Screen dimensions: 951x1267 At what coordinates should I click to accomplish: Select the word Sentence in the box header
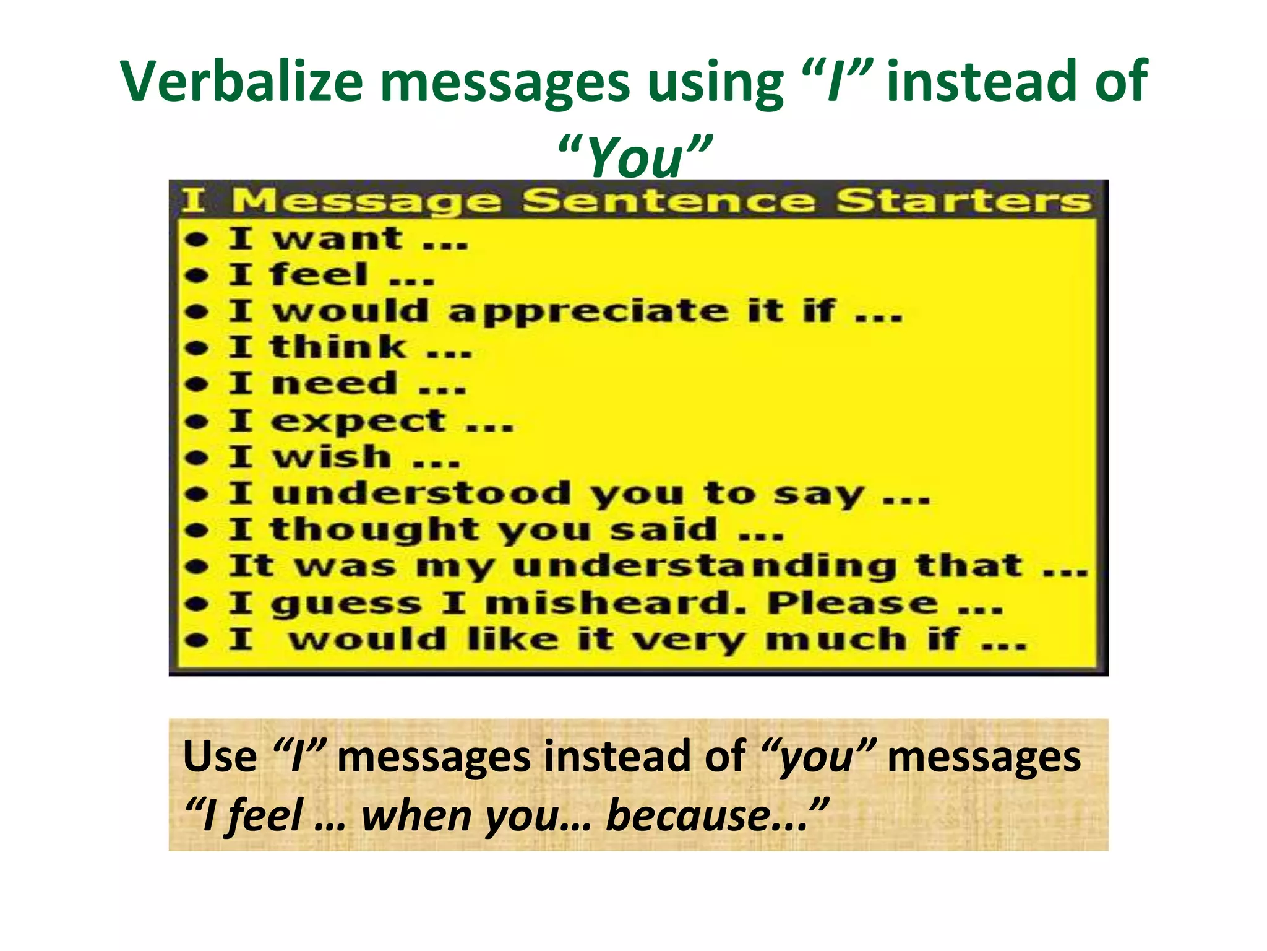(x=668, y=201)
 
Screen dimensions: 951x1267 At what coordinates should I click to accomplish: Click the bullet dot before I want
(x=197, y=240)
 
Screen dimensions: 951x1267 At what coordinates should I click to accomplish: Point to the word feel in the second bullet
(x=319, y=275)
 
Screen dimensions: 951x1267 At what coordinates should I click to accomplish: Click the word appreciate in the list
(x=588, y=311)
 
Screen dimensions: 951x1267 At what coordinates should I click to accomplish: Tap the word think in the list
(x=338, y=347)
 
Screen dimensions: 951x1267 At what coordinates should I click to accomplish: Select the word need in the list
(x=334, y=384)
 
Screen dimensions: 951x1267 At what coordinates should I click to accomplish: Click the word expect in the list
(x=358, y=422)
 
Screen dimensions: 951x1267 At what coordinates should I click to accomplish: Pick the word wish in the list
(x=332, y=458)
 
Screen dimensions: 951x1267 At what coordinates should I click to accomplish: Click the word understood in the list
(x=421, y=494)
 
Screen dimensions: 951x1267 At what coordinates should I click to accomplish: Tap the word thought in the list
(x=374, y=531)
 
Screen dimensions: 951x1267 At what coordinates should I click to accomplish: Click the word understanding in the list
(x=705, y=567)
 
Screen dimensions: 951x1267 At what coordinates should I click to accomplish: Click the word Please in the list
(x=853, y=604)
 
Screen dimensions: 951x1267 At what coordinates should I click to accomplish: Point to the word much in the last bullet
(x=836, y=640)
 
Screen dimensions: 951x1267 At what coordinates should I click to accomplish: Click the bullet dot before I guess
(x=197, y=604)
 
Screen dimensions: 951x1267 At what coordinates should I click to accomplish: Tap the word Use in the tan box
(x=220, y=757)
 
